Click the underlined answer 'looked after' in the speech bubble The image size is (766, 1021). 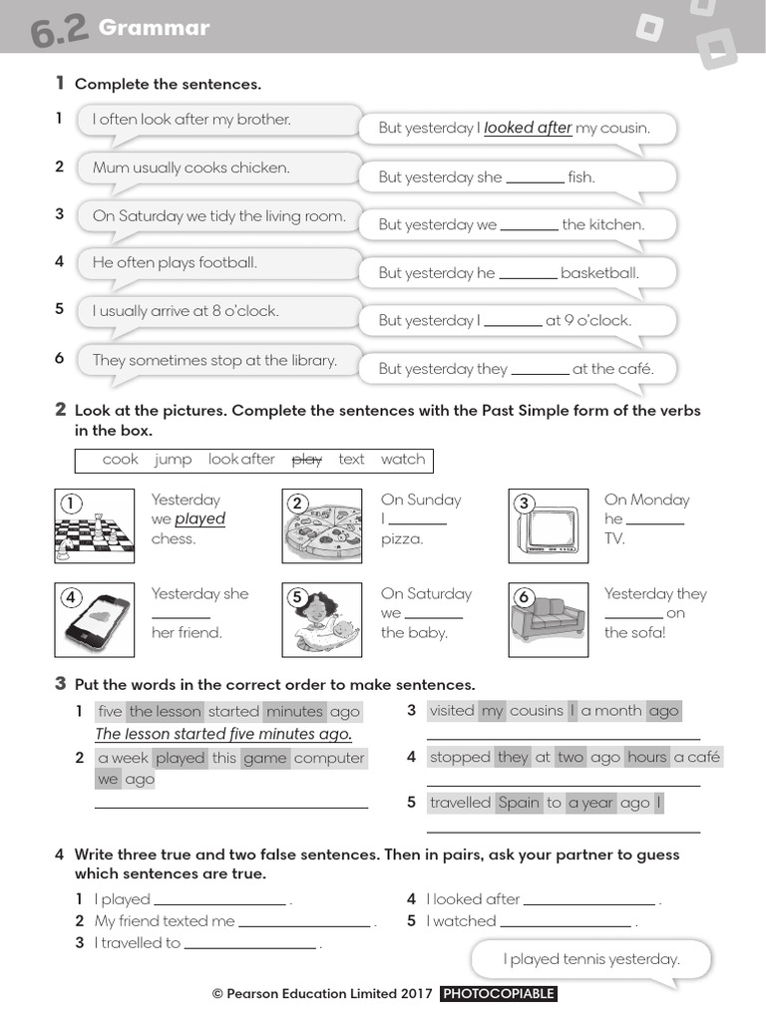[528, 128]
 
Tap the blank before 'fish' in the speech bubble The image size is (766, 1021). [535, 177]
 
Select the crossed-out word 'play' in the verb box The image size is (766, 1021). [306, 460]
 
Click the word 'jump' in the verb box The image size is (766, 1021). [173, 460]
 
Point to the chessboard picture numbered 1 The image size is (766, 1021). [94, 525]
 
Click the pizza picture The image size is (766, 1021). [321, 525]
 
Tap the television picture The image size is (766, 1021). [549, 525]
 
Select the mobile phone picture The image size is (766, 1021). [94, 619]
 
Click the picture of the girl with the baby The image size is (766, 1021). [321, 619]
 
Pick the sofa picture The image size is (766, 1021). [549, 619]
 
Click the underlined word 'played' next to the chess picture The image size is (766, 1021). [200, 519]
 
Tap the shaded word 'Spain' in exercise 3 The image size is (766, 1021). [518, 803]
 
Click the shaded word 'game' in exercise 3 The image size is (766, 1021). [264, 758]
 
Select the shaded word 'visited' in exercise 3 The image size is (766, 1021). [452, 711]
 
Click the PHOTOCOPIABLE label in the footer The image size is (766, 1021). [498, 994]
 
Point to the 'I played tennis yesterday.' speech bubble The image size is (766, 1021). [590, 959]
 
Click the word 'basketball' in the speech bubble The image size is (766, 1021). [599, 273]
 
